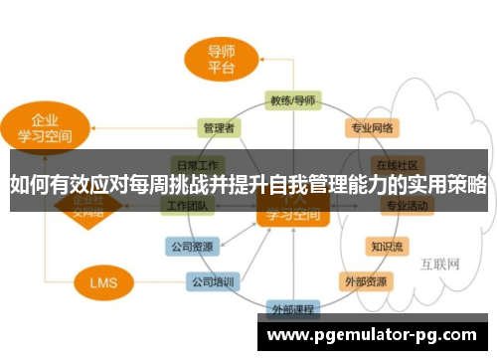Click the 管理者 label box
(218, 127)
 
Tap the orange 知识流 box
(388, 244)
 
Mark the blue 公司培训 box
(213, 281)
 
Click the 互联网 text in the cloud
(439, 265)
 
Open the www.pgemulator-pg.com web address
(372, 335)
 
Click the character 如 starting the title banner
(19, 184)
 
